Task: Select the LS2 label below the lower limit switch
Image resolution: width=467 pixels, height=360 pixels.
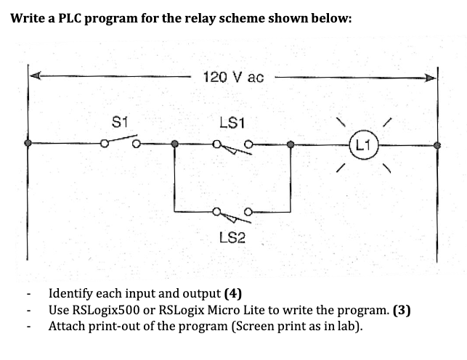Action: [232, 237]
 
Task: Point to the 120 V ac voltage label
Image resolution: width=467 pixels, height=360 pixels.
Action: [234, 76]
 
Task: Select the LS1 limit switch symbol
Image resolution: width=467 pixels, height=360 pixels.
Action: [232, 144]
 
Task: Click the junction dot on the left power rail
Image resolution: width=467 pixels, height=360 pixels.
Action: [28, 144]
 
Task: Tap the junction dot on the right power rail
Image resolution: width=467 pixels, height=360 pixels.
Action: [436, 144]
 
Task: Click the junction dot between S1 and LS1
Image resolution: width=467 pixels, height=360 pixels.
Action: [174, 144]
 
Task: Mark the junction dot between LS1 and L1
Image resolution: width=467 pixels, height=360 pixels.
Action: [291, 144]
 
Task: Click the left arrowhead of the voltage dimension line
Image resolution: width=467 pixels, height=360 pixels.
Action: [35, 75]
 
